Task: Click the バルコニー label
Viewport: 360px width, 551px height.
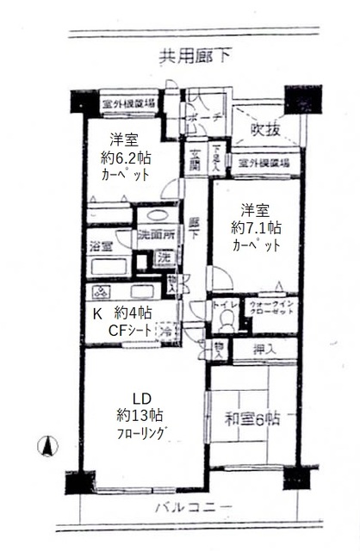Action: [x=194, y=506]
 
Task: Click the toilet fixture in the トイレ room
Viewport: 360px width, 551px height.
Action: [x=227, y=319]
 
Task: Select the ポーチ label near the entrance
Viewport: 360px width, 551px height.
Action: [x=209, y=117]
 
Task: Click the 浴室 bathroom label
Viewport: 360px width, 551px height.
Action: [x=101, y=245]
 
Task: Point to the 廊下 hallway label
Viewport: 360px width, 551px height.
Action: [x=195, y=227]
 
